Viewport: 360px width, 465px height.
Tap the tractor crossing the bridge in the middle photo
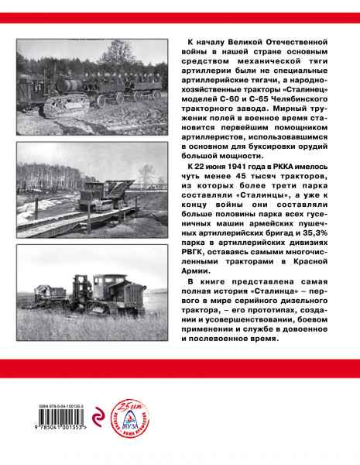[97, 193]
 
